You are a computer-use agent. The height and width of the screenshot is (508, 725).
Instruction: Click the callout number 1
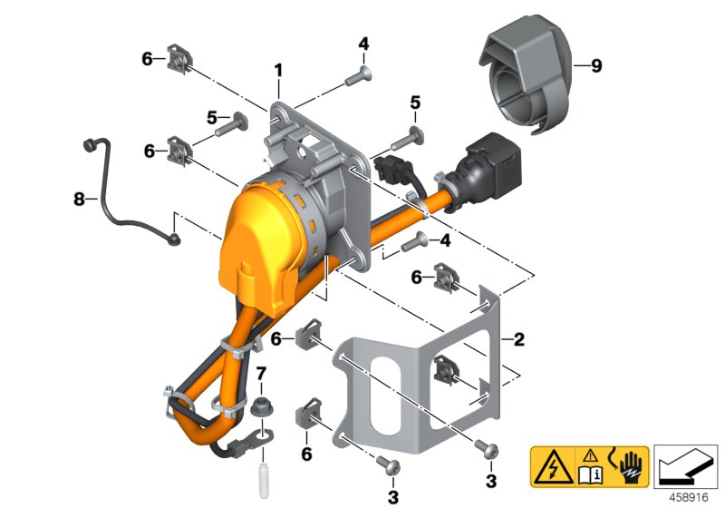pyautogui.click(x=278, y=71)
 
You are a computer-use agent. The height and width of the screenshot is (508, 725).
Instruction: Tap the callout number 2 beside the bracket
pyautogui.click(x=519, y=339)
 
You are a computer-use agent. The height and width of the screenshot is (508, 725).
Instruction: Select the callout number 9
pyautogui.click(x=597, y=65)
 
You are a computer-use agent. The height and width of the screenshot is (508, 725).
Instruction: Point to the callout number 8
pyautogui.click(x=79, y=200)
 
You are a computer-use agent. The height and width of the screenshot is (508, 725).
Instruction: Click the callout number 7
pyautogui.click(x=261, y=373)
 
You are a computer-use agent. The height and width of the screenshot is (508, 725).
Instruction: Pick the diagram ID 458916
pyautogui.click(x=689, y=497)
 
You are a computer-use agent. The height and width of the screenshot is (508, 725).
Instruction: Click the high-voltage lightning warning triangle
pyautogui.click(x=553, y=467)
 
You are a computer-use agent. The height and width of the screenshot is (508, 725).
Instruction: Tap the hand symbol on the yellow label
pyautogui.click(x=629, y=466)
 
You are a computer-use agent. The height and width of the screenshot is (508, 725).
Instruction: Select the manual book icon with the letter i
pyautogui.click(x=590, y=472)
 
